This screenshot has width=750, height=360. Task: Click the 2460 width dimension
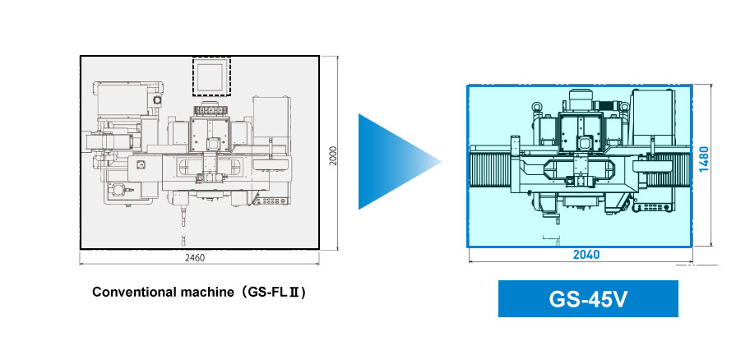(194, 258)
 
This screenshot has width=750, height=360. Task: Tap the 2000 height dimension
(333, 155)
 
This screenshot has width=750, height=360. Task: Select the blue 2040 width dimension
(586, 255)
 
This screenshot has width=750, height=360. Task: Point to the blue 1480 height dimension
(704, 159)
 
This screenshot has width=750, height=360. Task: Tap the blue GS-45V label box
(588, 299)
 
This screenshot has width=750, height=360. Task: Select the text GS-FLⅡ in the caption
(274, 292)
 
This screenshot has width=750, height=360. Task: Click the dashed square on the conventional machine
(212, 76)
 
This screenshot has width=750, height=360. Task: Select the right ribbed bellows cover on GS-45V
(673, 170)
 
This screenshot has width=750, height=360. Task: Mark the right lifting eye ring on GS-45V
(624, 108)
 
